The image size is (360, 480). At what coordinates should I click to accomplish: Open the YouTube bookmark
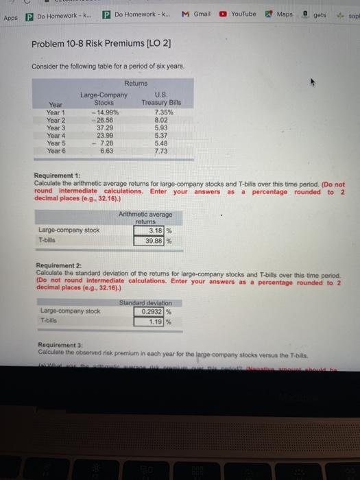(x=239, y=14)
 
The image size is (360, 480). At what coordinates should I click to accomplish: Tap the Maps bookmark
(x=280, y=14)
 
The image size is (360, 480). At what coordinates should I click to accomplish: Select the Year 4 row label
(x=56, y=135)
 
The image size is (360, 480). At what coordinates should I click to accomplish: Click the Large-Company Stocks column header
(x=104, y=98)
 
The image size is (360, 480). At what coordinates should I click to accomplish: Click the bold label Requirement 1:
(x=58, y=178)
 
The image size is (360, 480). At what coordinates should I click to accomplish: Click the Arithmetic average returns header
(x=145, y=219)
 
